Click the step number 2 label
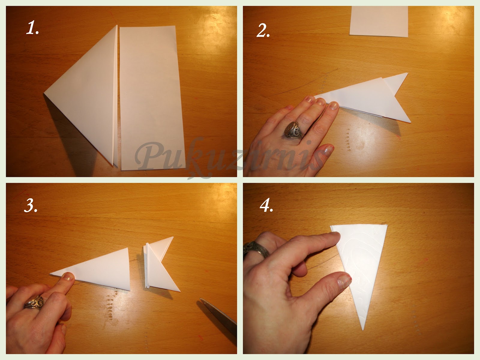263,30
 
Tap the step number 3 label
31,205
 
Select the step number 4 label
266,206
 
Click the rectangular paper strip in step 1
152,98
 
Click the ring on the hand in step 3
34,302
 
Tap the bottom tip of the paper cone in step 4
363,330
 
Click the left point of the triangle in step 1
44,94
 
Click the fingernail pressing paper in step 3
68,276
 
